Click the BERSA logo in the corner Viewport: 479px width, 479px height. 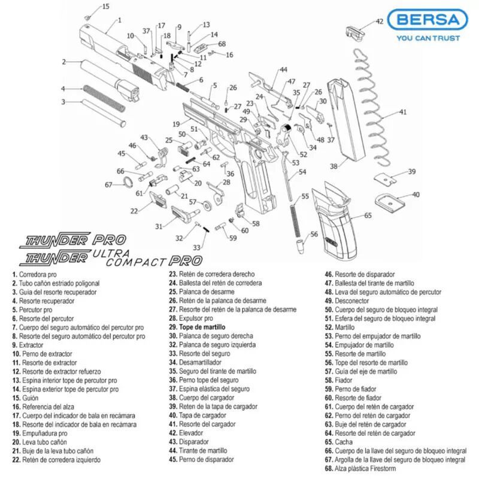pyautogui.click(x=427, y=21)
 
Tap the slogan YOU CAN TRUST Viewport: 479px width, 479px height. pyautogui.click(x=428, y=38)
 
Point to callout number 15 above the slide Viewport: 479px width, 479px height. pyautogui.click(x=105, y=7)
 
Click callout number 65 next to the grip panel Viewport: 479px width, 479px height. pyautogui.click(x=368, y=215)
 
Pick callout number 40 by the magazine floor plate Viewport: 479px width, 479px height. pyautogui.click(x=416, y=195)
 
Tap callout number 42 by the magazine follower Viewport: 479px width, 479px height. pyautogui.click(x=379, y=22)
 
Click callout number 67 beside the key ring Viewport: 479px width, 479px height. pyautogui.click(x=108, y=184)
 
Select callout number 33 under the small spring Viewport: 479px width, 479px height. pyautogui.click(x=196, y=247)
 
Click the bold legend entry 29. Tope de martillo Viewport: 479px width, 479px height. pyautogui.click(x=197, y=328)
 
